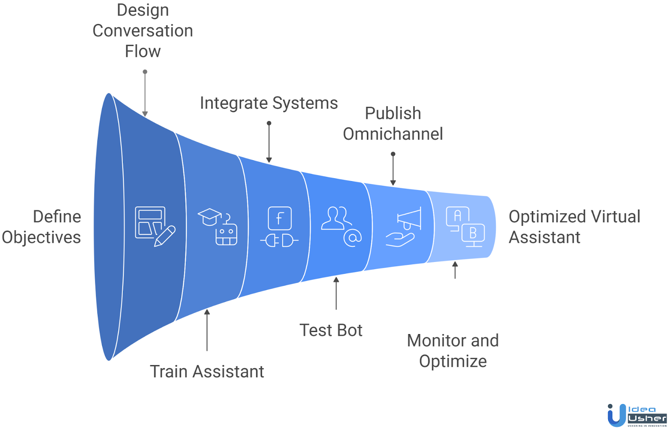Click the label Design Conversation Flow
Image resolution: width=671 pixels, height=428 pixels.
tap(143, 31)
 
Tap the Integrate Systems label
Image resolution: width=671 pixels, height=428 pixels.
tap(268, 103)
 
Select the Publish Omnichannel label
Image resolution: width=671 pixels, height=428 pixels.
tap(393, 123)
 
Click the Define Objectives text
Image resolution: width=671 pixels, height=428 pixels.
tap(42, 227)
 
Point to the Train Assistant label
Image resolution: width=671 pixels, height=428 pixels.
tap(207, 371)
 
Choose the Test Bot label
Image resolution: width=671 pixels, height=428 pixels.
tap(330, 330)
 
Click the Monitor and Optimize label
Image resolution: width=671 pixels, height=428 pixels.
tap(453, 350)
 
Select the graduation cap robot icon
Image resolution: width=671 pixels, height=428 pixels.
tap(218, 226)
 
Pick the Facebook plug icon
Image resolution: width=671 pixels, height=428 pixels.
tap(280, 227)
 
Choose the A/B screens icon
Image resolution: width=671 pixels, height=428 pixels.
tap(465, 226)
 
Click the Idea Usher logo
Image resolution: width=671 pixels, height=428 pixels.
tap(636, 415)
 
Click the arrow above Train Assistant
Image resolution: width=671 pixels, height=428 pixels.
tap(207, 330)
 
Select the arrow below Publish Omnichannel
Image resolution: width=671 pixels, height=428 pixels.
tap(393, 169)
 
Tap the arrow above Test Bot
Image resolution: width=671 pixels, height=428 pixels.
tap(336, 293)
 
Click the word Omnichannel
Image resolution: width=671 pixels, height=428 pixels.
tap(393, 134)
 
